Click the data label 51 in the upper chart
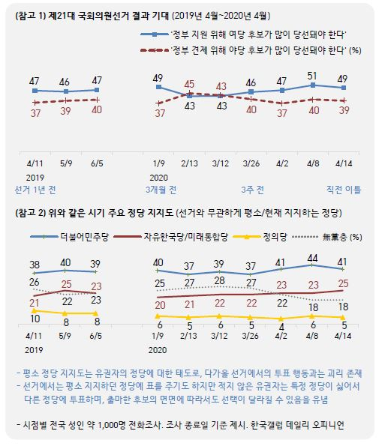click(312, 76)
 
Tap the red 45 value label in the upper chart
click(189, 84)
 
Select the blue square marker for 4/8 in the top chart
click(313, 85)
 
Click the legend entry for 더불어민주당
click(70, 237)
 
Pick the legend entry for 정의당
click(260, 237)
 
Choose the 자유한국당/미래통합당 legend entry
click(171, 237)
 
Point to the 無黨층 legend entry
click(327, 237)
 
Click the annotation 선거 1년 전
click(35, 190)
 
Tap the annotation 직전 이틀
click(344, 190)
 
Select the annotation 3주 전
click(252, 190)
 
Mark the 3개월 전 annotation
click(161, 190)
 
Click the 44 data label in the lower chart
click(312, 258)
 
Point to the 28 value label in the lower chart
click(219, 281)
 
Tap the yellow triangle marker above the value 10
click(35, 310)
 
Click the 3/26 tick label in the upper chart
click(251, 163)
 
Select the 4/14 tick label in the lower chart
click(343, 336)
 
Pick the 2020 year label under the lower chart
click(158, 350)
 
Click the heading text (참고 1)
click(31, 16)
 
